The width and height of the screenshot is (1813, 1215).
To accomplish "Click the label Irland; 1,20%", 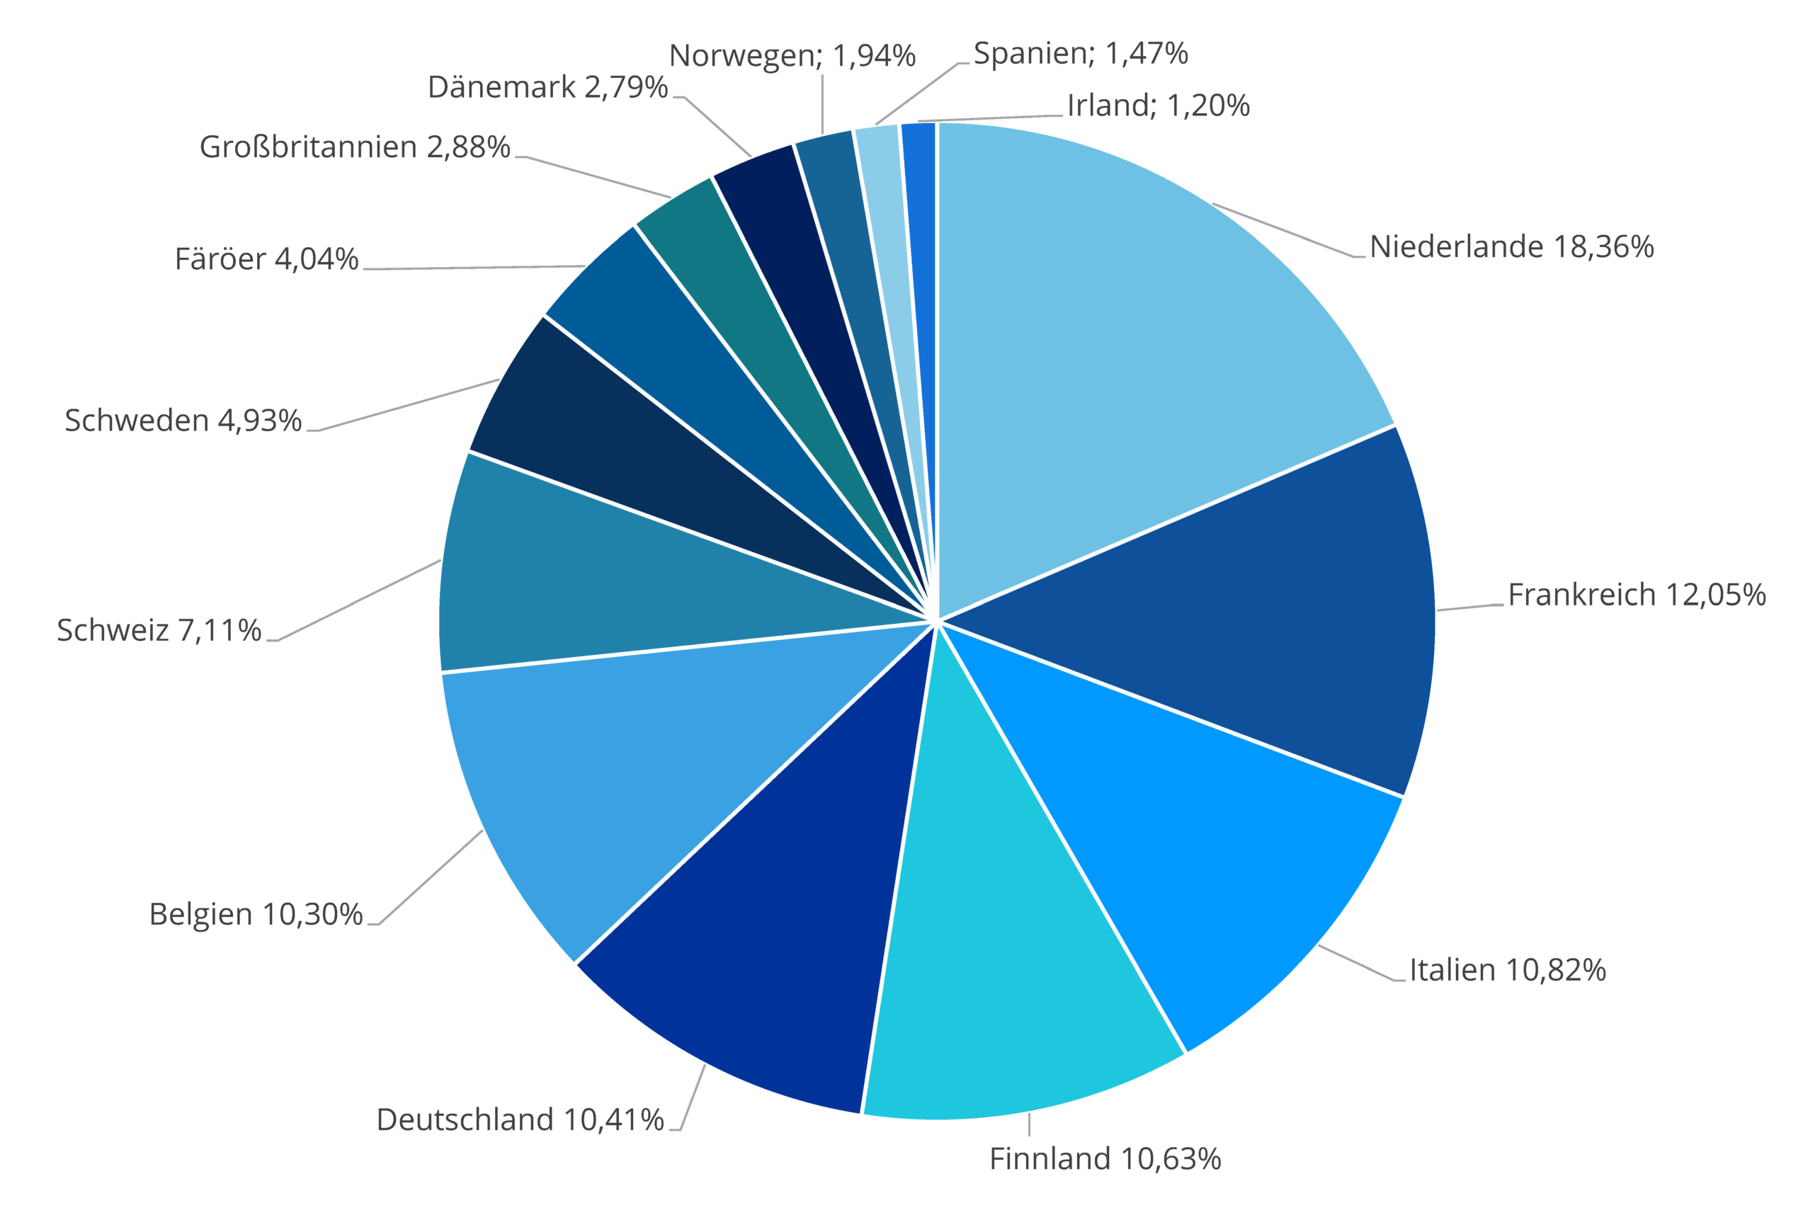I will (1158, 105).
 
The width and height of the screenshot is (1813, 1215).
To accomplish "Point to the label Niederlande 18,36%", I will (1511, 246).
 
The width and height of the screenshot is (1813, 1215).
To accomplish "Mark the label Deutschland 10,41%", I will (520, 1119).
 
